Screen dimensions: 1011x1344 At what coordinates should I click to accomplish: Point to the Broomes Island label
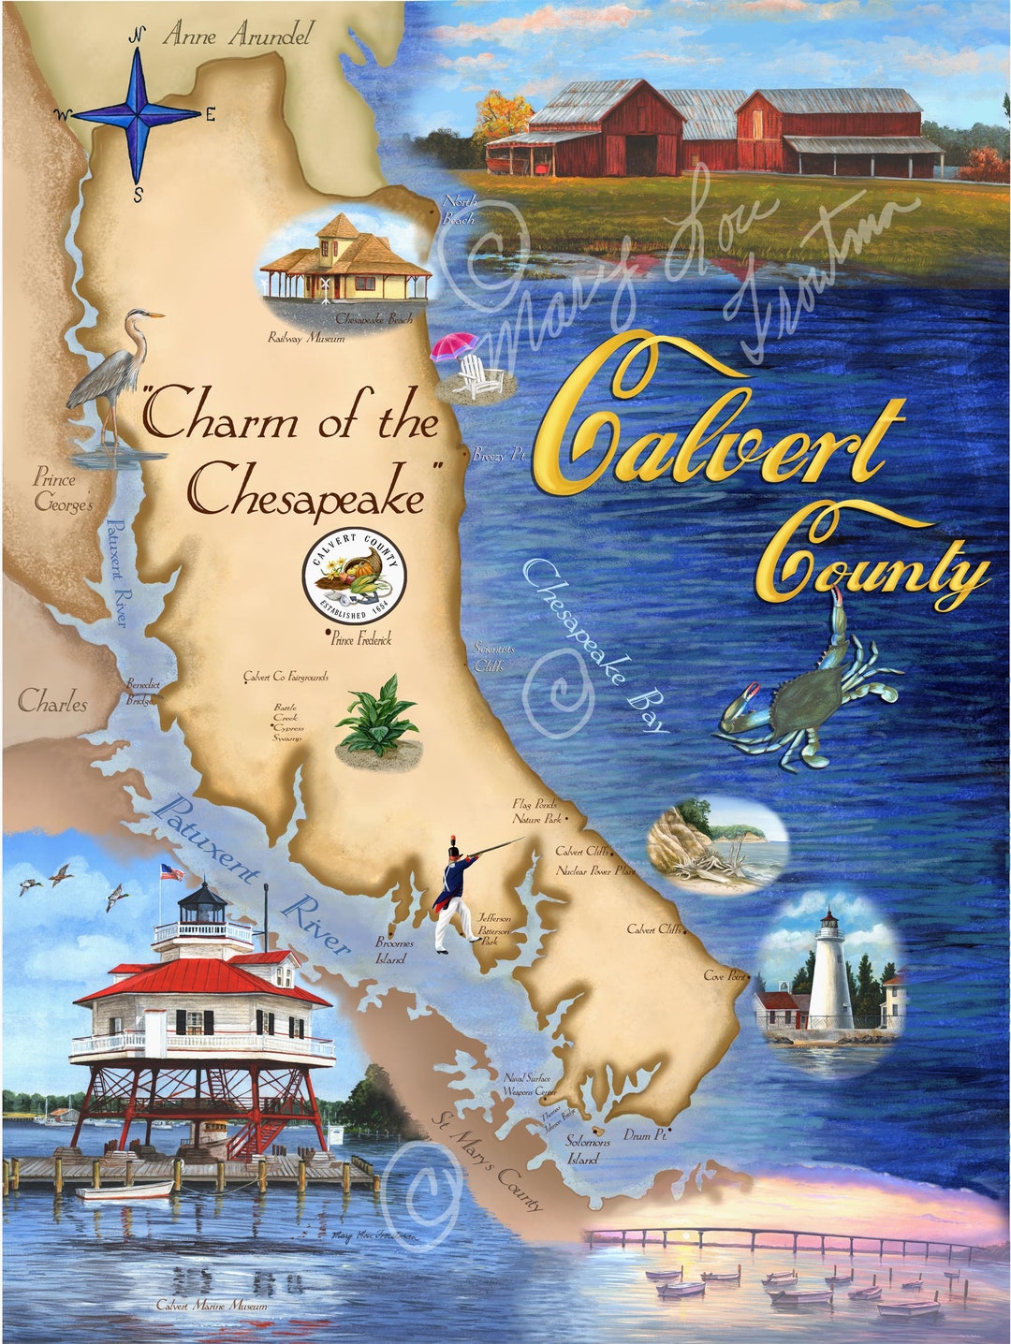coord(393,951)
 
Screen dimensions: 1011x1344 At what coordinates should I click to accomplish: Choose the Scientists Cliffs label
coord(490,656)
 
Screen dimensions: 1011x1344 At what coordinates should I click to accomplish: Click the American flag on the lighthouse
coord(170,872)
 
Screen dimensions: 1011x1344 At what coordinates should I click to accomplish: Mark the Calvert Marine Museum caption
coord(212,1305)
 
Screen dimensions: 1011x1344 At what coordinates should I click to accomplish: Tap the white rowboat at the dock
coord(125,1190)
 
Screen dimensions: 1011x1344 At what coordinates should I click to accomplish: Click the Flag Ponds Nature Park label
coord(537,811)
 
